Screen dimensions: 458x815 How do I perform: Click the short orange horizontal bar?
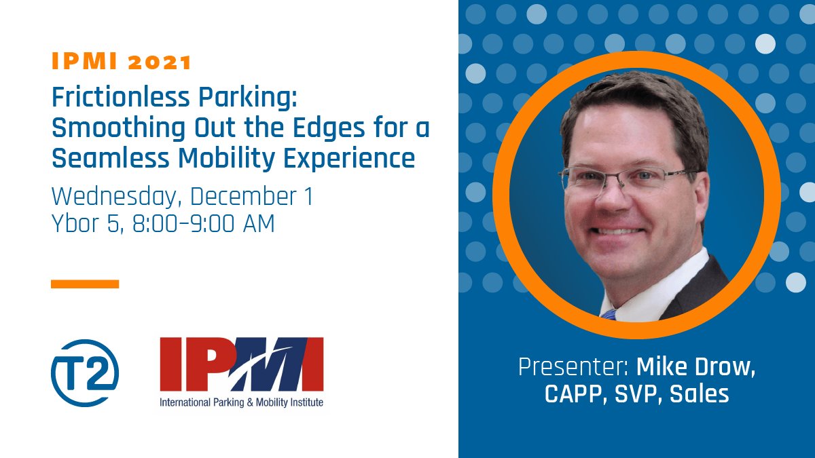[x=85, y=284]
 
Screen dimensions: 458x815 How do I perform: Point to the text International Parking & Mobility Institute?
[x=241, y=402]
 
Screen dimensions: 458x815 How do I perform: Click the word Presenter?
[x=573, y=368]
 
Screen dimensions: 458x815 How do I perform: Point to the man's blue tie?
[x=609, y=314]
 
